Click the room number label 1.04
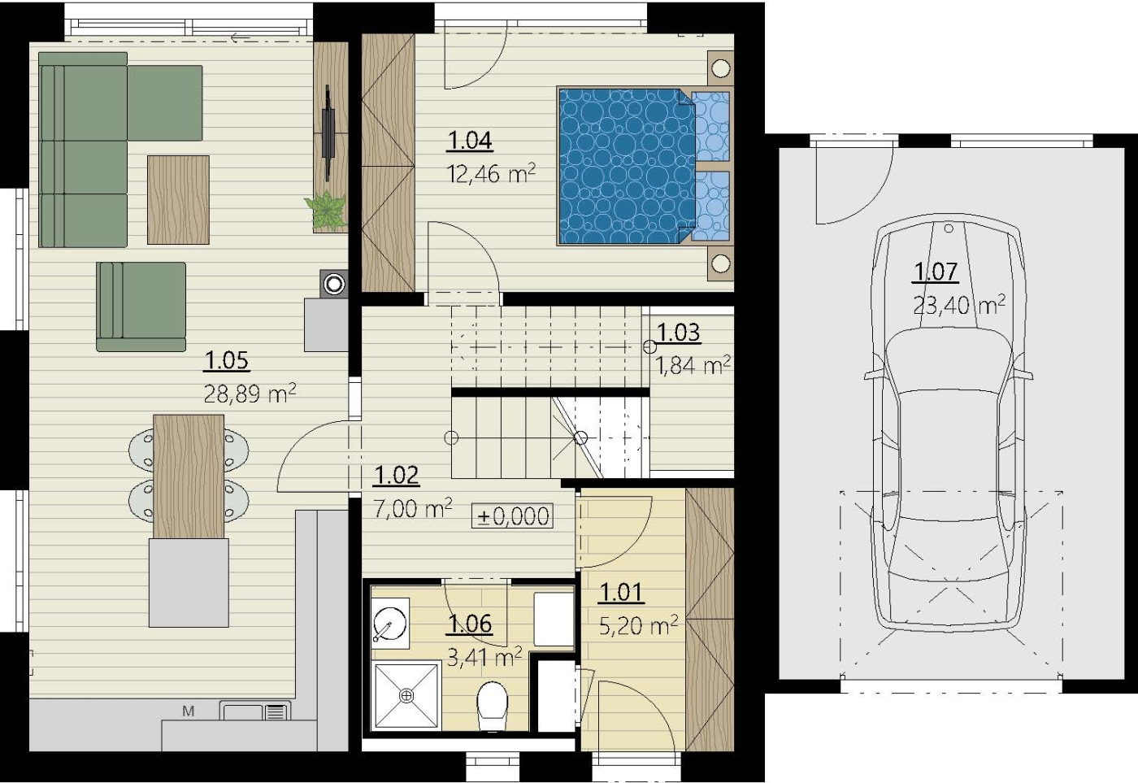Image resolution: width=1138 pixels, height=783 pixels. [x=470, y=141]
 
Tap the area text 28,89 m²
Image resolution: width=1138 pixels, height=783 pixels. [x=250, y=394]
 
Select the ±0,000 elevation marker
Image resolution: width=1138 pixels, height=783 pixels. [x=512, y=516]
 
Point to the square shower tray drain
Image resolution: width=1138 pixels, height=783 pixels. [x=406, y=696]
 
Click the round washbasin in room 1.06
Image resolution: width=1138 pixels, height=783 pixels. [x=389, y=623]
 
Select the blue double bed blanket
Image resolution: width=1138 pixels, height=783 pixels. [x=628, y=166]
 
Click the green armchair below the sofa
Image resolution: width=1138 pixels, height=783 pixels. [x=141, y=307]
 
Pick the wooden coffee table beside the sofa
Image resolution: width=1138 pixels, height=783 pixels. [x=178, y=200]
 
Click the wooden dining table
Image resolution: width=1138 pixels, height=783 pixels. [x=189, y=476]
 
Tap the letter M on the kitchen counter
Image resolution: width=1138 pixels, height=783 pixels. [x=189, y=711]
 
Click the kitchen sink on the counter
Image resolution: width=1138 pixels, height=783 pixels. [x=255, y=711]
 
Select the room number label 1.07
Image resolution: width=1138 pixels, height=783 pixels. [x=936, y=272]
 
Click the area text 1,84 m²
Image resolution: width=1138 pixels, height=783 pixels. [x=693, y=365]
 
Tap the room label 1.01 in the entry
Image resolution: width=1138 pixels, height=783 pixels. [x=621, y=593]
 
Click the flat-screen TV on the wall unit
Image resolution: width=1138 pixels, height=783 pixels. [x=328, y=133]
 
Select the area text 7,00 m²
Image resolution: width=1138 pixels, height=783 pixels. [x=413, y=508]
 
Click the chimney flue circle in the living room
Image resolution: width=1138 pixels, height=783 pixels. [x=334, y=284]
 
